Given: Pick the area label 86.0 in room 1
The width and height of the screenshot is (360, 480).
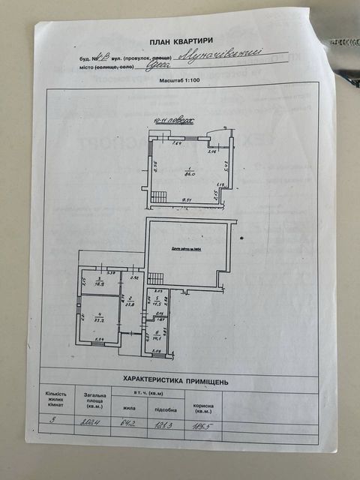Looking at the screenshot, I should (190, 173).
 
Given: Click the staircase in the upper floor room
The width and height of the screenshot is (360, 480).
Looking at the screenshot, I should (159, 196).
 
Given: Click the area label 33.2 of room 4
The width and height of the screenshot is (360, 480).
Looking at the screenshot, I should (97, 318).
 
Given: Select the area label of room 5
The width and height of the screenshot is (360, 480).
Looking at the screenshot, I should (157, 303).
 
